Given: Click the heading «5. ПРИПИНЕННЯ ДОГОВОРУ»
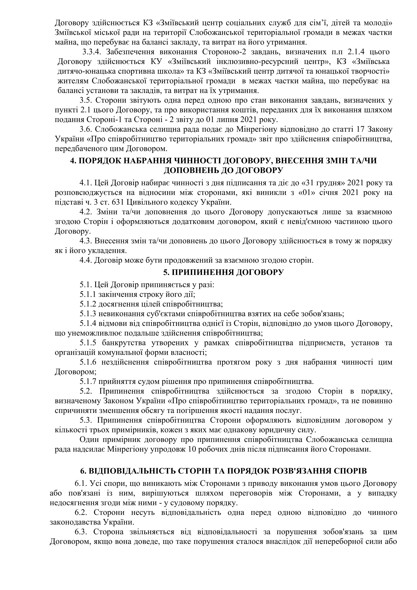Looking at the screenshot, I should pos(223,272).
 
